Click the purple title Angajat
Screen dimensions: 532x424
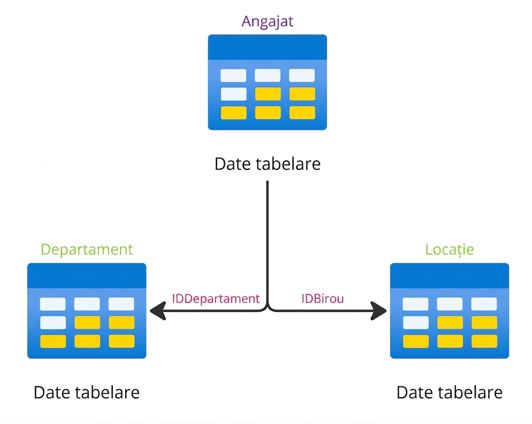coord(267,22)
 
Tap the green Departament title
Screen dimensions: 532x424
coord(87,250)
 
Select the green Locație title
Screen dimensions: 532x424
coord(449,250)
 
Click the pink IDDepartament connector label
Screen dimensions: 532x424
coord(216,298)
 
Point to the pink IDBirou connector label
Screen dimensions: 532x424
coord(323,298)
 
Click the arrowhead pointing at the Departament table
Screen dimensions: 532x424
coord(157,310)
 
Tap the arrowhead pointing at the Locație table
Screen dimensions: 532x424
coord(379,310)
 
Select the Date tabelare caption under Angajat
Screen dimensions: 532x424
coord(268,164)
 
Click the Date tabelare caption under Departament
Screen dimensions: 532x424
coord(86,393)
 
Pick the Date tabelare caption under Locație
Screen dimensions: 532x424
coord(449,393)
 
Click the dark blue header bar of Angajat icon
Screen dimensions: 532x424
coord(267,47)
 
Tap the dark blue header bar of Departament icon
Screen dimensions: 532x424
coord(87,276)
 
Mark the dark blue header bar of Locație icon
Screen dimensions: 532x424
coord(449,276)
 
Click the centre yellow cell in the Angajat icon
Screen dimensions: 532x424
coord(268,94)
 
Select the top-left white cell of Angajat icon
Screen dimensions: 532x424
coord(233,75)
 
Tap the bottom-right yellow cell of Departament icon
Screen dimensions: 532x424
coord(121,341)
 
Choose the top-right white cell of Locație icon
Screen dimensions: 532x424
coord(484,304)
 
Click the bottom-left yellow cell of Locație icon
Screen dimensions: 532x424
coord(416,341)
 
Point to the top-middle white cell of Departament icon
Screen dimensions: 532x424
coord(87,304)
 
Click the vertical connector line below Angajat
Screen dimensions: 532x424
coord(267,242)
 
